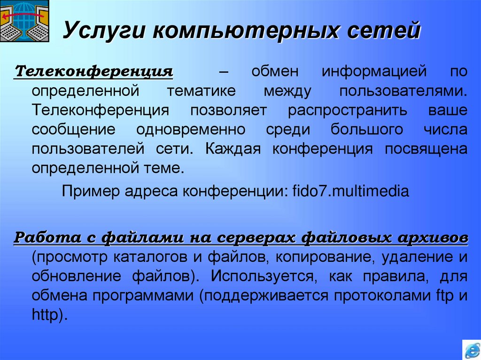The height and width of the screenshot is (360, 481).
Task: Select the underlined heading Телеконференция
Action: [94, 72]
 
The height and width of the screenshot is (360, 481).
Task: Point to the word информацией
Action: [374, 72]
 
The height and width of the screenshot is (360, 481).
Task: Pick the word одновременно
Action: [191, 130]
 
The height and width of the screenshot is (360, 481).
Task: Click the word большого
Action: [367, 130]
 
